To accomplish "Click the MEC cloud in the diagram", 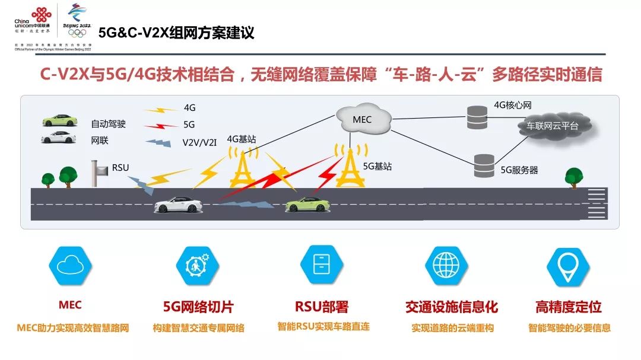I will [x=362, y=120].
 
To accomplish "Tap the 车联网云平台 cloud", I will [x=552, y=126].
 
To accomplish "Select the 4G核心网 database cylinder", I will [x=476, y=117].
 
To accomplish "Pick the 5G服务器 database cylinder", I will [x=484, y=166].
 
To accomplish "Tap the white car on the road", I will [x=178, y=205].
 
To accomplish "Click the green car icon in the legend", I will [x=59, y=120].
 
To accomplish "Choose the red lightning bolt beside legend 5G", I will [x=161, y=125].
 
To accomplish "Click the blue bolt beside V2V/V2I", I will [x=158, y=142].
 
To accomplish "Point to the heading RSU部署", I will [x=322, y=307].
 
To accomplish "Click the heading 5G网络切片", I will [x=198, y=307].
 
